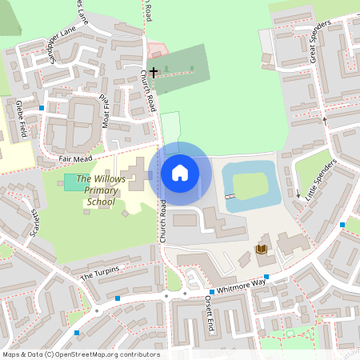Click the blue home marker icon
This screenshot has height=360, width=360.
click(x=180, y=172)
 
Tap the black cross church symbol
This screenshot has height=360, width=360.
click(x=153, y=71)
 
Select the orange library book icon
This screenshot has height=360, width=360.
click(x=261, y=250)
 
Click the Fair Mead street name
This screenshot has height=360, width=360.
click(x=77, y=159)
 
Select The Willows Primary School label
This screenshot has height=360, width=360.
click(x=101, y=190)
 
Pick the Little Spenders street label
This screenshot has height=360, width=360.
click(x=319, y=179)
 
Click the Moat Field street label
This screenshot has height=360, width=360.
click(x=104, y=110)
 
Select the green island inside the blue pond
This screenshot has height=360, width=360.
click(x=250, y=187)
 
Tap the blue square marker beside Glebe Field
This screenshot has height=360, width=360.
click(x=42, y=107)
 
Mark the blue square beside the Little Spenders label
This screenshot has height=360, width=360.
click(x=342, y=225)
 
